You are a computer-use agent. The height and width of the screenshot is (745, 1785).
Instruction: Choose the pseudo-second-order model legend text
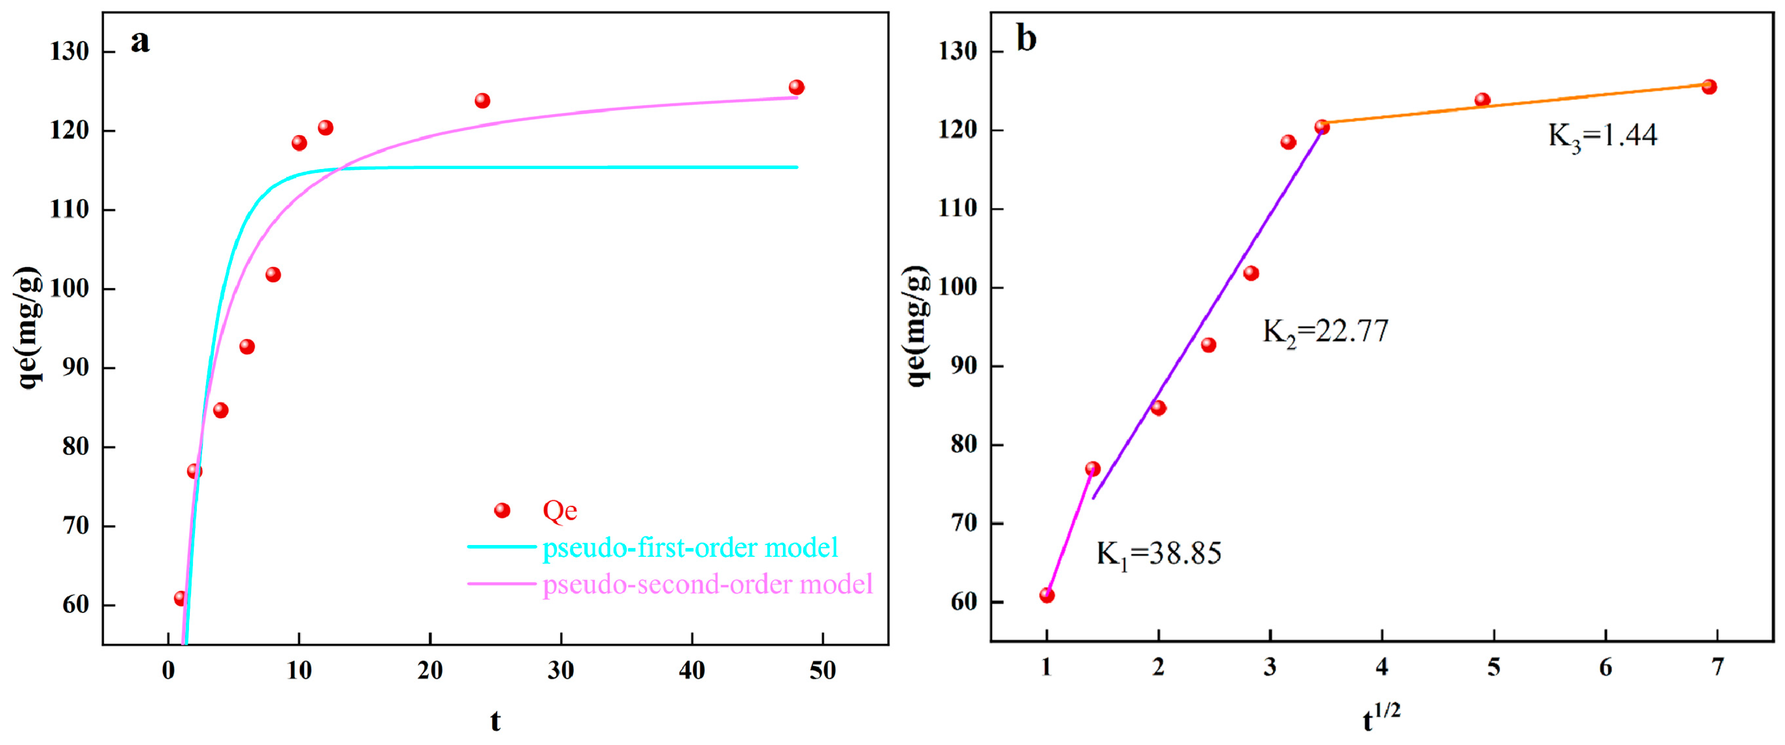click(x=707, y=584)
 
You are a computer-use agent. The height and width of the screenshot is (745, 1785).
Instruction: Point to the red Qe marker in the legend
click(x=503, y=511)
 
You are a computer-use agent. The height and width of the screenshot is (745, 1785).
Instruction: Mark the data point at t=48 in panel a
click(x=796, y=87)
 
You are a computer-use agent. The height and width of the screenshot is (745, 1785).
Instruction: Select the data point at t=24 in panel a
click(x=482, y=101)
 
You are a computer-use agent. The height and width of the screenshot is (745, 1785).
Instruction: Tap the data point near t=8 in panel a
click(x=273, y=274)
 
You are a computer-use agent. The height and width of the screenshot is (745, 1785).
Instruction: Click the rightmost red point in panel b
click(x=1709, y=87)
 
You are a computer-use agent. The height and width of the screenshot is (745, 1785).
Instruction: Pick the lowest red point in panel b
click(x=1047, y=595)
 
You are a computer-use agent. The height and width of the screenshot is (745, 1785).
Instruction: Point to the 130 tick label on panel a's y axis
click(x=69, y=52)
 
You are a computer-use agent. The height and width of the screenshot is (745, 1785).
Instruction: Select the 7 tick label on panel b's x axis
click(x=1717, y=667)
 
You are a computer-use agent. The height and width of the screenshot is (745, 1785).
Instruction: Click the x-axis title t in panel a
click(x=495, y=721)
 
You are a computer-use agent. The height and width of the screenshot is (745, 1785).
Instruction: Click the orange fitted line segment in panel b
click(x=1511, y=104)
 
